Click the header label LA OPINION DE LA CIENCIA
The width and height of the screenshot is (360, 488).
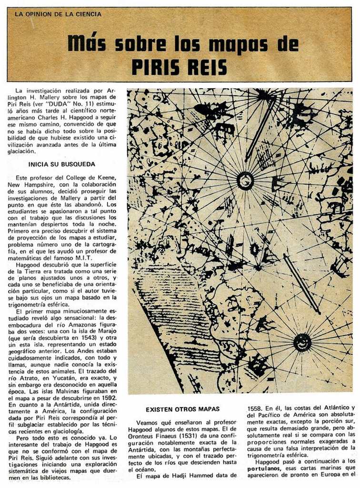click(x=58, y=14)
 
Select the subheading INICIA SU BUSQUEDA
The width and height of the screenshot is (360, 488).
click(x=62, y=164)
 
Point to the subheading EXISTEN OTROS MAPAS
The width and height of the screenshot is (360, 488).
click(x=182, y=409)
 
